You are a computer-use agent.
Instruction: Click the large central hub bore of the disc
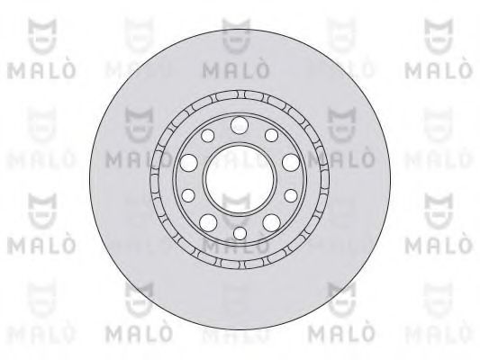coord(240,176)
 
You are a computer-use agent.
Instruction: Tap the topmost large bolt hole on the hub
coord(240,124)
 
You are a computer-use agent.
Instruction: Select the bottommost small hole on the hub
coord(240,233)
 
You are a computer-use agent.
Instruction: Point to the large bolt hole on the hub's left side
coord(189,163)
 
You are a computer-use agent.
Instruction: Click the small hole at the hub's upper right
coord(271,134)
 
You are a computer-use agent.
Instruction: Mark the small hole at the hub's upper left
coord(208,134)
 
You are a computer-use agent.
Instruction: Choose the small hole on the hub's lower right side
coord(292,194)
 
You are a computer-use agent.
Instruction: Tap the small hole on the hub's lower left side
coord(188,194)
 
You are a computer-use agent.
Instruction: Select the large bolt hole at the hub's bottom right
coord(271,221)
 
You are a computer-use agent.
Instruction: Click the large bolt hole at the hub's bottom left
coord(208,221)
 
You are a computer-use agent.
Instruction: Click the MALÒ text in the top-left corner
coord(34,69)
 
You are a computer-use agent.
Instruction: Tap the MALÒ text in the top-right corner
coord(444,69)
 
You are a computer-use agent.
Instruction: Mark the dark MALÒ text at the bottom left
coord(137,336)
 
